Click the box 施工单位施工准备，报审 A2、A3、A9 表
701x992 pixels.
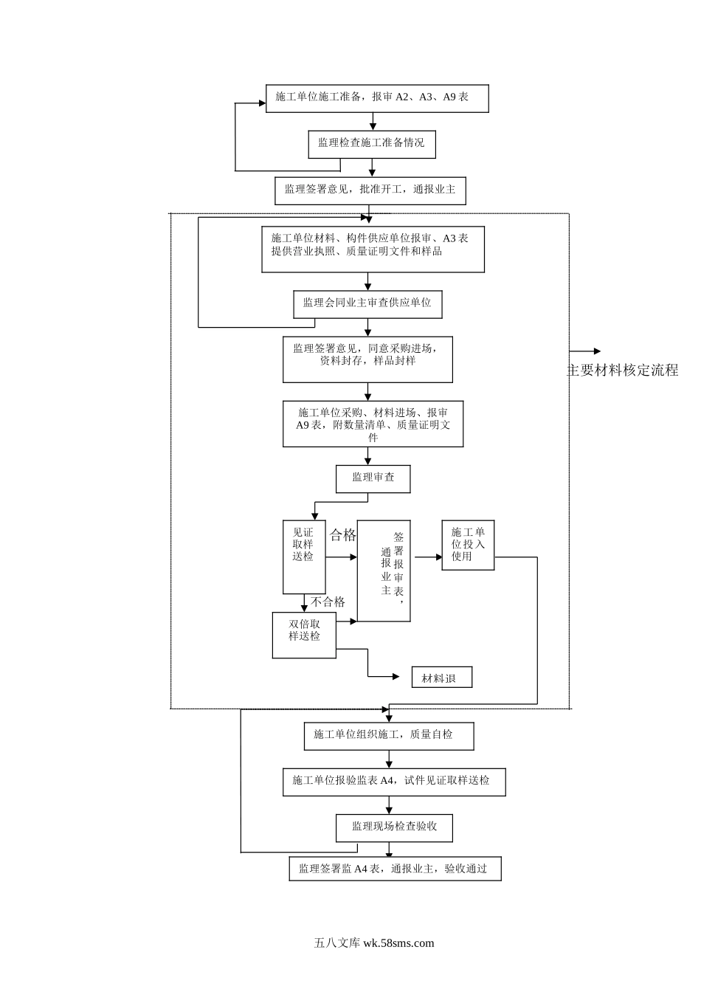377,98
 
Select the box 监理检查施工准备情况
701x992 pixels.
372,144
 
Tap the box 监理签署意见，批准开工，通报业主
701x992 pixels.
370,190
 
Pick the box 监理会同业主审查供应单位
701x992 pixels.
367,304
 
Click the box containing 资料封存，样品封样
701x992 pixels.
367,359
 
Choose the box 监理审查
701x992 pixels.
373,478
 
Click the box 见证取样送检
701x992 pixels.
304,557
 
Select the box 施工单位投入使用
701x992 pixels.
468,545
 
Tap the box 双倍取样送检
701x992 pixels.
304,635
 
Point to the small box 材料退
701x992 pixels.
441,678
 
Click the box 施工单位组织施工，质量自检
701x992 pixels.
389,736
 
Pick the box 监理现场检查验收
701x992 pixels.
394,827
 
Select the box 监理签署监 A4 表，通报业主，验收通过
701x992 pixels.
395,869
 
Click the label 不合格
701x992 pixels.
328,602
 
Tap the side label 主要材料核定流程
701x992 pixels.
622,371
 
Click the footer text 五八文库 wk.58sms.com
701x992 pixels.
374,943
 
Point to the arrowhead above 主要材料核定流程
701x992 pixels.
597,351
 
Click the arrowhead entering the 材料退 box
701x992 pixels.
396,676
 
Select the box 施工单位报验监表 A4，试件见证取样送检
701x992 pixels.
394,782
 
